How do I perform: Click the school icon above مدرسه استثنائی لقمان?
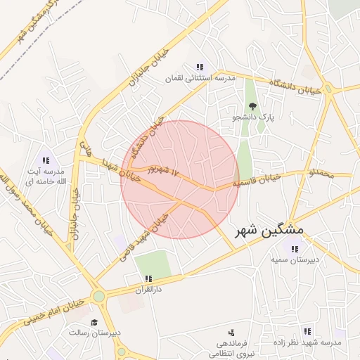[x=200, y=67]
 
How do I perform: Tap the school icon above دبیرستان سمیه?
[x=295, y=248]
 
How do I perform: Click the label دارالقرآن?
[x=148, y=289]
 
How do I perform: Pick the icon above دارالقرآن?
[x=148, y=278]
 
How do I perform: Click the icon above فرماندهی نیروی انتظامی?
[x=231, y=332]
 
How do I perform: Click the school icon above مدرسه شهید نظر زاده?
[x=307, y=330]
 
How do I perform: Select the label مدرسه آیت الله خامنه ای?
[x=46, y=176]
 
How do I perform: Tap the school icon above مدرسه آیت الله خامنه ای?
[x=46, y=161]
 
